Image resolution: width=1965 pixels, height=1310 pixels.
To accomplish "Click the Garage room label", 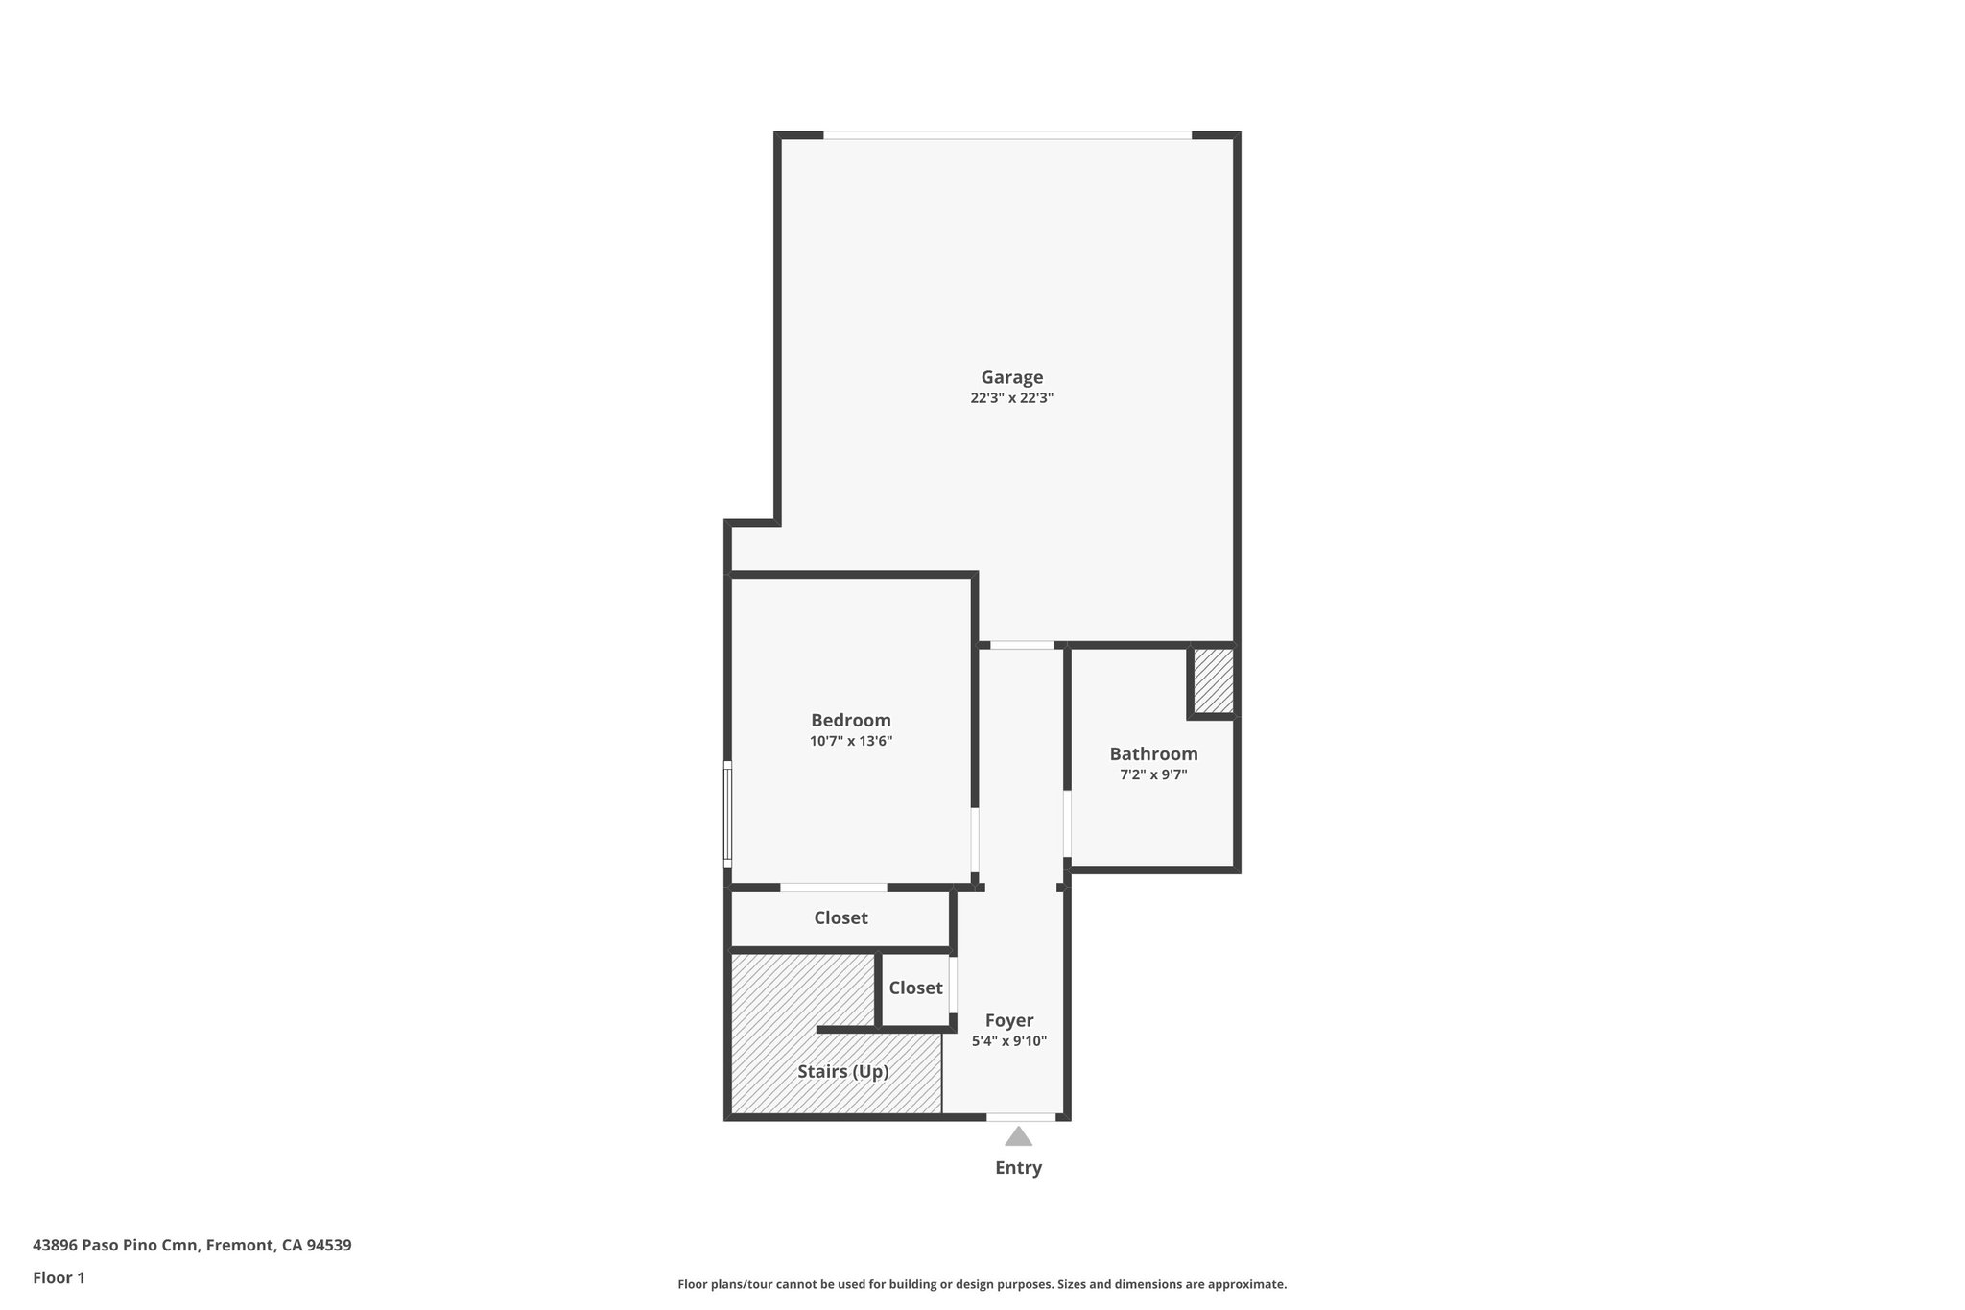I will [1011, 377].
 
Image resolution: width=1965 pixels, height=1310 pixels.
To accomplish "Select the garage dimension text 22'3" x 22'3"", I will [1011, 398].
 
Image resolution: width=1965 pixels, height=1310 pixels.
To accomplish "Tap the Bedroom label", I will [850, 720].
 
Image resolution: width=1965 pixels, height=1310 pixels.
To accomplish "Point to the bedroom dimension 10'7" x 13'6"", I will [850, 741].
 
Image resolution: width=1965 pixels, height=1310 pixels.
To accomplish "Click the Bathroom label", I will [1153, 753].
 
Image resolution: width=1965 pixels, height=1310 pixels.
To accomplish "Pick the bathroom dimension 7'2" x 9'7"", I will [1153, 774].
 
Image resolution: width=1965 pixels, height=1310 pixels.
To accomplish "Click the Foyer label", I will [1008, 1020].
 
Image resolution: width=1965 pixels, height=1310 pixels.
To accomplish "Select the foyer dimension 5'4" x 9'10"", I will [1008, 1041].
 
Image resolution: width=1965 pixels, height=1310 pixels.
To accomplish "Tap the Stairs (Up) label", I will [842, 1071].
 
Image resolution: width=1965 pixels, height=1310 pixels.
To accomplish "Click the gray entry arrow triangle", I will [1018, 1137].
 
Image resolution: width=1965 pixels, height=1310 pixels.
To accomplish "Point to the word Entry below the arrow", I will [1018, 1168].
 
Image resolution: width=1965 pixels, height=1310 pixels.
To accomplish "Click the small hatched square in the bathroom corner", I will [1213, 681].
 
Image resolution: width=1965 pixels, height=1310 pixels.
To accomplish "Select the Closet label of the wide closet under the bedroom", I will [840, 917].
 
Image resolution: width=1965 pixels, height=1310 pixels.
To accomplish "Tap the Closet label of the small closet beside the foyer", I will [915, 988].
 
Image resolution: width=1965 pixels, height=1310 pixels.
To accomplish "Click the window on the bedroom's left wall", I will [727, 814].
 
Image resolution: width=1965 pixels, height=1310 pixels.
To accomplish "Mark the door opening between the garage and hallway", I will [1022, 645].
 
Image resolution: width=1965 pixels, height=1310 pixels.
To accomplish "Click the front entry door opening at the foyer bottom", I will [1021, 1116].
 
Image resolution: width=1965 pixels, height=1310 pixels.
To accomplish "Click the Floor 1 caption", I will [59, 1277].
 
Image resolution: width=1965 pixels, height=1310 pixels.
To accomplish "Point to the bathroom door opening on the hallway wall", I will [1067, 823].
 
